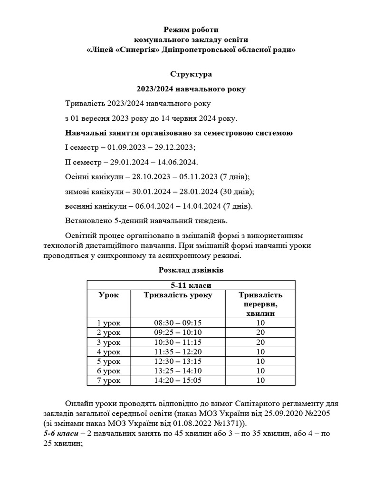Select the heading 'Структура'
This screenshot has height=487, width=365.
191,74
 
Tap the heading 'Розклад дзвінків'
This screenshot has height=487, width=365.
191,270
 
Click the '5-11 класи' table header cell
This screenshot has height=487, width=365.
191,285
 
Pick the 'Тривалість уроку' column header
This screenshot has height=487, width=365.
178,295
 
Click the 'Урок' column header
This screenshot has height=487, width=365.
108,295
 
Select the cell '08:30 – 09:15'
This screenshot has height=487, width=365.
178,322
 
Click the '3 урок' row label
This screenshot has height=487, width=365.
108,342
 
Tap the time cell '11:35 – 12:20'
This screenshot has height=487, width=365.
178,352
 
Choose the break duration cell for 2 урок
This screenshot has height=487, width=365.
260,332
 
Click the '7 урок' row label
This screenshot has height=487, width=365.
108,381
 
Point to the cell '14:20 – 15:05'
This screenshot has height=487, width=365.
178,381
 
